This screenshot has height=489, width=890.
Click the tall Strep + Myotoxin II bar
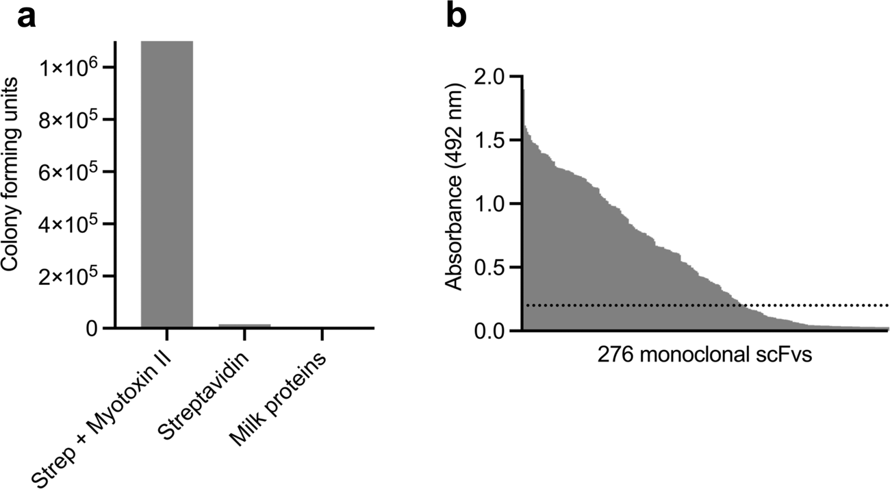(167, 184)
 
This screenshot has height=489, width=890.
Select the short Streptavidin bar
(245, 325)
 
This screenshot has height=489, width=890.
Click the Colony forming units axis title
(10, 175)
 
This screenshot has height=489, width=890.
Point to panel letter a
(26, 18)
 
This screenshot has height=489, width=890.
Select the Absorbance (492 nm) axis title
(454, 187)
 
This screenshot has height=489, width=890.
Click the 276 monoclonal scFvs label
(704, 355)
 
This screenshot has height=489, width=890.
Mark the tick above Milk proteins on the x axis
(322, 335)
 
